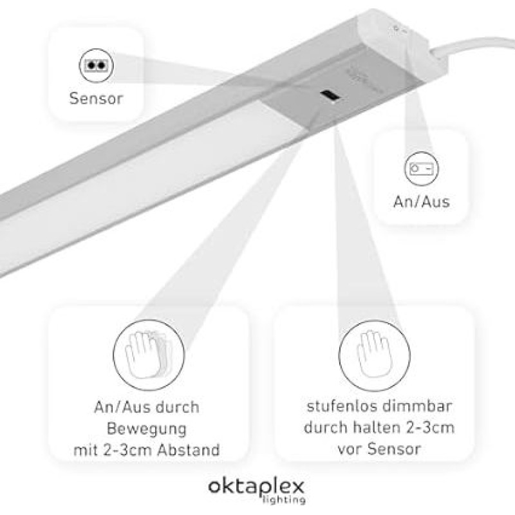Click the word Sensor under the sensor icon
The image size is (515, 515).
coord(96,98)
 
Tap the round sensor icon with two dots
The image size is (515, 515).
coord(96,66)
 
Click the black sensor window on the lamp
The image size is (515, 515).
coord(330,95)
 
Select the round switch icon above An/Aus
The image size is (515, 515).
coord(422,169)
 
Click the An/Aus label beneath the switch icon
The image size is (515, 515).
coord(422,201)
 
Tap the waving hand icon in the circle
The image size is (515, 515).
coord(149,355)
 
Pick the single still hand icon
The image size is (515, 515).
coord(375,355)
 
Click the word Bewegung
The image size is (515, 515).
coord(147,429)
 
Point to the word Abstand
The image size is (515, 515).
coord(189,449)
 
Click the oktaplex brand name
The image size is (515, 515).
coord(256,487)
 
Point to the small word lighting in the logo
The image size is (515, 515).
coord(284,500)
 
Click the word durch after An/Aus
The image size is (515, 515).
coord(177,407)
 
